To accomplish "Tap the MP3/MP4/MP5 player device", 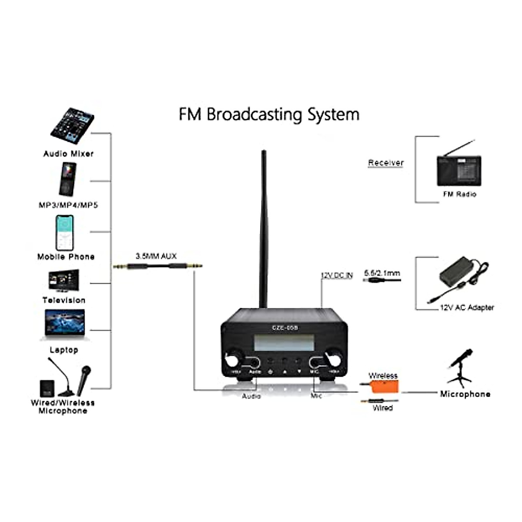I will click(x=67, y=179).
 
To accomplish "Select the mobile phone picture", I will click(x=64, y=232).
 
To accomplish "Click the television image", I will click(x=64, y=281).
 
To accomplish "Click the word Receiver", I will click(x=386, y=163).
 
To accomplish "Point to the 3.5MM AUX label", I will click(x=156, y=256).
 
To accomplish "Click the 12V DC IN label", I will click(x=337, y=275).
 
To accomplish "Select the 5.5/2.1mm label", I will click(x=382, y=273).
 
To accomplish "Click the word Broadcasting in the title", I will click(x=254, y=115).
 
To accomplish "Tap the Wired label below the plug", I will click(x=383, y=408).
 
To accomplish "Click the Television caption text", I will click(x=64, y=300).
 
